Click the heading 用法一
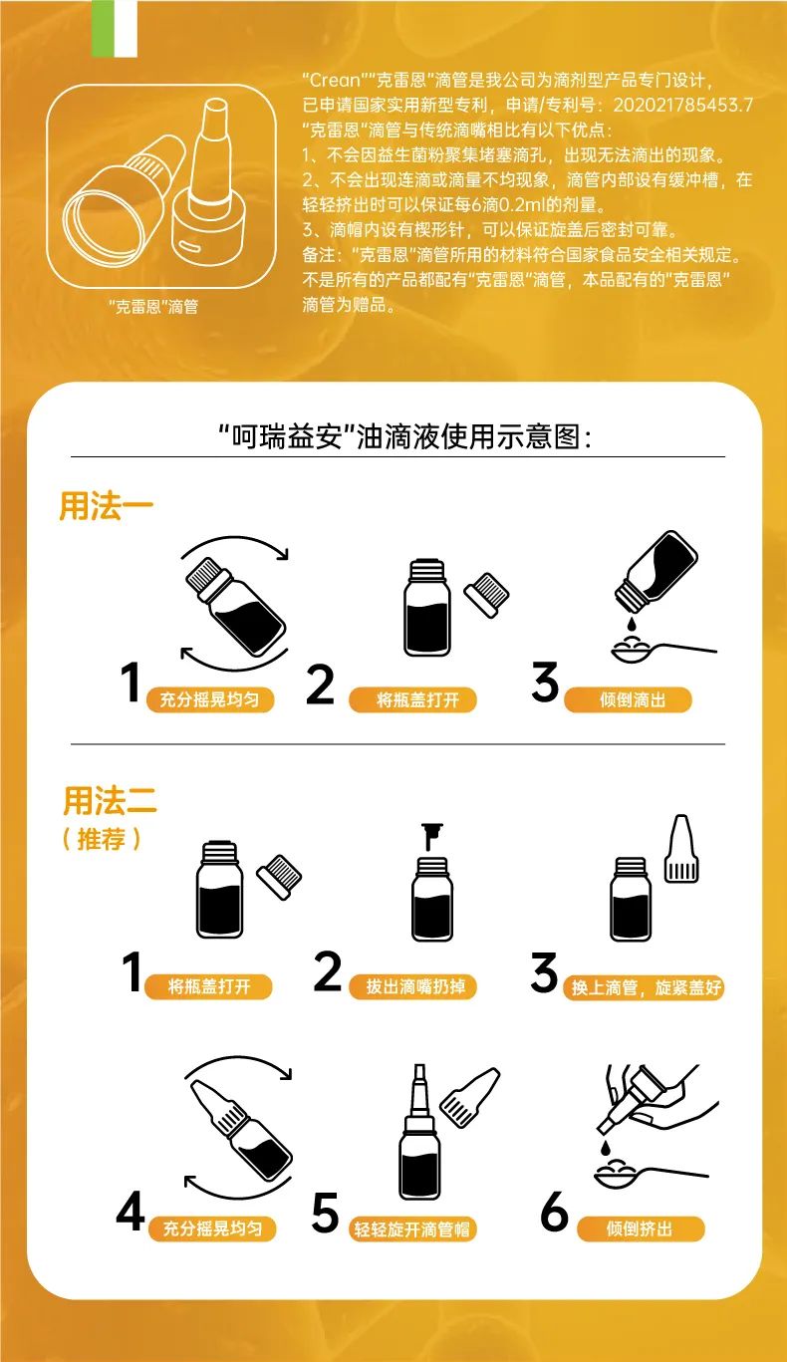point(106,506)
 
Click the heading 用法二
point(110,800)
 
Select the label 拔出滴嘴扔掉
point(413,986)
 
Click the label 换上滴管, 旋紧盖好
point(645,987)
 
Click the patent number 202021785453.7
point(682,105)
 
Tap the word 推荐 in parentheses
point(101,839)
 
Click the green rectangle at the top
point(101,29)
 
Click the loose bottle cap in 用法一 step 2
point(487,594)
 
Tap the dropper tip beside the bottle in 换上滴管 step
point(681,848)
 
